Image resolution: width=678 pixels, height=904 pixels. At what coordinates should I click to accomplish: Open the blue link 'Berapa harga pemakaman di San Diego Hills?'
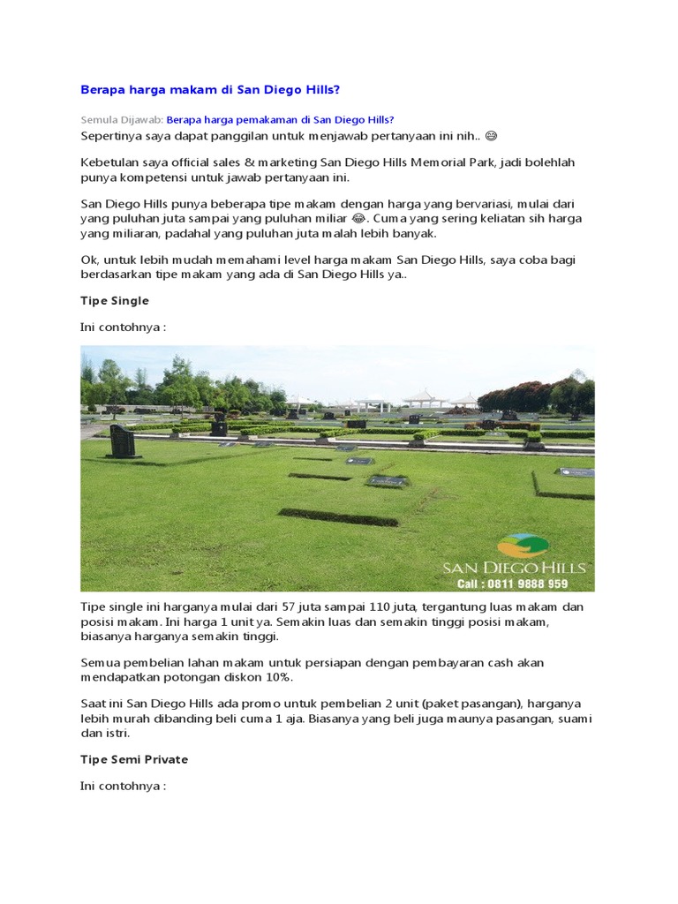click(x=280, y=120)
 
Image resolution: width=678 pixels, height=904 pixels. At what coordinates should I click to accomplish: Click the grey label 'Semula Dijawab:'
click(x=122, y=120)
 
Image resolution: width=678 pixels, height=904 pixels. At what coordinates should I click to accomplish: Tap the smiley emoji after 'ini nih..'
click(x=492, y=136)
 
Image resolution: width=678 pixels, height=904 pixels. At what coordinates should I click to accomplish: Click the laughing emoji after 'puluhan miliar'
click(x=358, y=218)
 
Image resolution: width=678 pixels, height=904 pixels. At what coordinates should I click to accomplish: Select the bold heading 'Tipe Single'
click(x=115, y=301)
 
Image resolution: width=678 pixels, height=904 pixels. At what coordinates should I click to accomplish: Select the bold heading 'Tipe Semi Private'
click(x=134, y=759)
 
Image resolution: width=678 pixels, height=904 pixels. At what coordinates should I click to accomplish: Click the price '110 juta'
click(x=395, y=606)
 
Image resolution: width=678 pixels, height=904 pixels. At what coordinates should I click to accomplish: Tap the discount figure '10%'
click(x=277, y=677)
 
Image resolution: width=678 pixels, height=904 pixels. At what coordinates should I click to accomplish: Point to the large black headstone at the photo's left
click(x=123, y=441)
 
